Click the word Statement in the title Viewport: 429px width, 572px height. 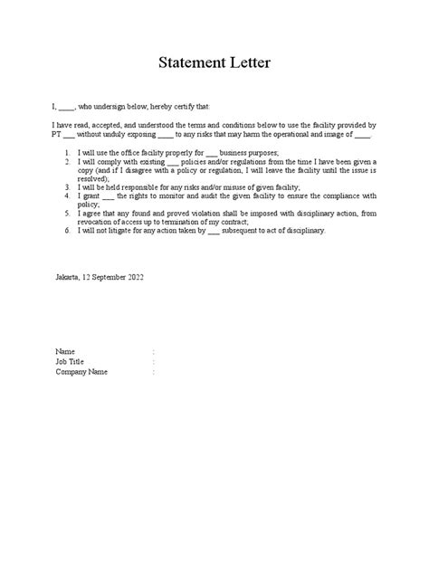point(188,63)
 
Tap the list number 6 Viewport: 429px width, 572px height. point(69,231)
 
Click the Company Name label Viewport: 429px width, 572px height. point(81,370)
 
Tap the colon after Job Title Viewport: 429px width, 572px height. point(154,360)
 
